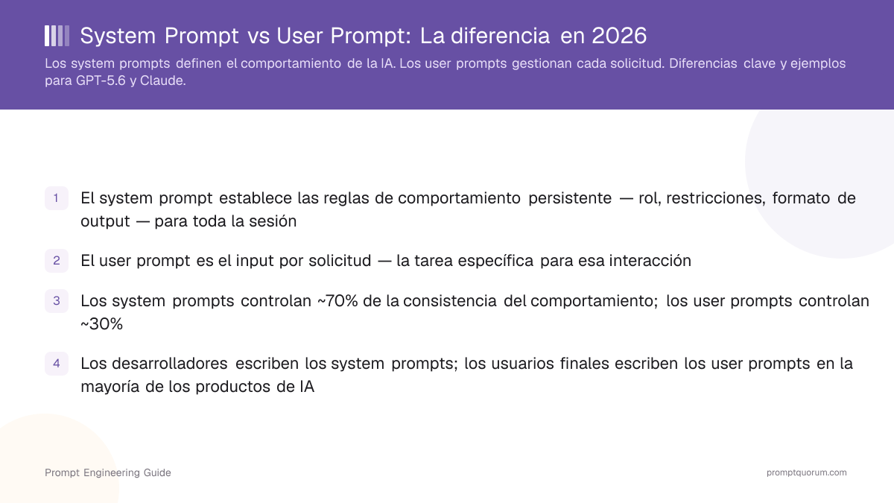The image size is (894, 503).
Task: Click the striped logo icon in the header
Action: (x=57, y=36)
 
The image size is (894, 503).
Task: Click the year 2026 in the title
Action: (x=619, y=36)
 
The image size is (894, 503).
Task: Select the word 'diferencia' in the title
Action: (x=501, y=36)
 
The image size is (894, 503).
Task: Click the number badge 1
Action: (x=57, y=198)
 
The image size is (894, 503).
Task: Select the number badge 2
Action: (x=57, y=261)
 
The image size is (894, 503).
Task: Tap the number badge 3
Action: (x=57, y=300)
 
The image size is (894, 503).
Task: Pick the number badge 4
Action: (x=57, y=364)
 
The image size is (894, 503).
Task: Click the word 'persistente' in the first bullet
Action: (x=570, y=198)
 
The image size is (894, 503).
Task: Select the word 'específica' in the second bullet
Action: (x=495, y=261)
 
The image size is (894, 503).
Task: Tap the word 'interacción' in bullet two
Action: (x=650, y=261)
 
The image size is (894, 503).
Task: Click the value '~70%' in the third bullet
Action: (x=337, y=301)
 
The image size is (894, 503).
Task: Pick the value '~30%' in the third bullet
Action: (x=102, y=323)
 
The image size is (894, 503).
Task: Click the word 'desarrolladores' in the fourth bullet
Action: (x=170, y=364)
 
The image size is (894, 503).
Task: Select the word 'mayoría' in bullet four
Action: (x=110, y=387)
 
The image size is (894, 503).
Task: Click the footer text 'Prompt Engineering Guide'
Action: (x=108, y=472)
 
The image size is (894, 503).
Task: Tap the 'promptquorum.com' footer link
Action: (x=807, y=472)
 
